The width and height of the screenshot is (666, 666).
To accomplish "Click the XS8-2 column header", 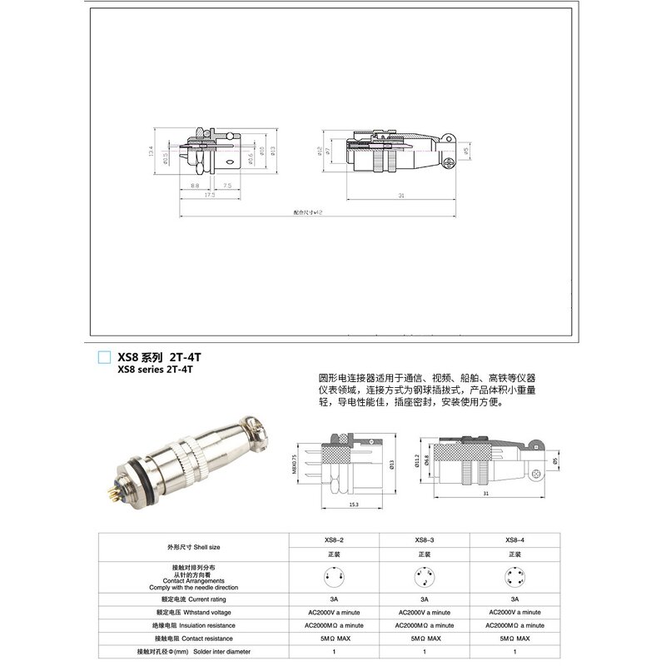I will click(334, 539).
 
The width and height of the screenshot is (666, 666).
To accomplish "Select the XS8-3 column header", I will click(425, 539).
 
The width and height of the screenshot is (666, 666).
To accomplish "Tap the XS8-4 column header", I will click(515, 539).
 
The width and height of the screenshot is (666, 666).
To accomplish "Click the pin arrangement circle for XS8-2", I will click(334, 576).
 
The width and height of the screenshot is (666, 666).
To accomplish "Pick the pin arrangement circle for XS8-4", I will click(515, 576).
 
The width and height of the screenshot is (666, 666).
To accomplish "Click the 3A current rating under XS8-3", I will click(425, 599).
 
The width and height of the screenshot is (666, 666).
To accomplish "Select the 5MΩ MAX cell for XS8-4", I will click(515, 639).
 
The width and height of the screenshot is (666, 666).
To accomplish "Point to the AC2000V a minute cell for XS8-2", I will click(334, 612).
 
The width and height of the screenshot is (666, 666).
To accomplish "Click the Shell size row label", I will click(192, 546).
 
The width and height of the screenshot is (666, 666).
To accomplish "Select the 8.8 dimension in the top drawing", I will click(194, 186).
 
